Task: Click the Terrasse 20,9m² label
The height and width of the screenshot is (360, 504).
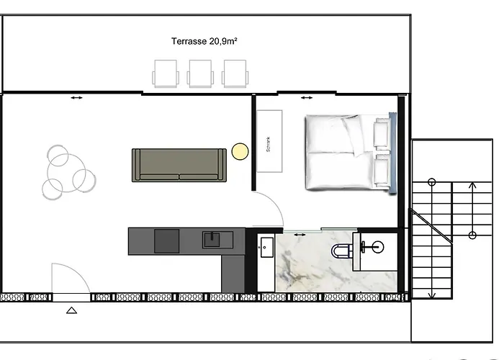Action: pos(204,41)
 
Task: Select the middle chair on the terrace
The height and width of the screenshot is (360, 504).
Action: pos(200,73)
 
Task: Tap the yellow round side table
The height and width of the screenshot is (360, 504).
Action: pos(240,151)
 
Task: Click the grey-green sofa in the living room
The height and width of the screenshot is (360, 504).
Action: pos(179,165)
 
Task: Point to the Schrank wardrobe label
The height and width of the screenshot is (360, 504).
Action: pos(269,144)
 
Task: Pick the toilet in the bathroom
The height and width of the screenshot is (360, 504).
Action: pos(342,251)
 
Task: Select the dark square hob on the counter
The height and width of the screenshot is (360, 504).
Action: pos(166,240)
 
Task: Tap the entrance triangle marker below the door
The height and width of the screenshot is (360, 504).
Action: pos(72,310)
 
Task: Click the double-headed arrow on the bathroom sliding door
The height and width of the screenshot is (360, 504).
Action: pos(300,235)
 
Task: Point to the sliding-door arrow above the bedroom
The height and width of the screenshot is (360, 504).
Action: pos(306,98)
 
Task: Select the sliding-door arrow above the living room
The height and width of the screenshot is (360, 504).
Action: pos(76,98)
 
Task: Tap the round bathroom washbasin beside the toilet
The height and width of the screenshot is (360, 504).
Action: pos(378,247)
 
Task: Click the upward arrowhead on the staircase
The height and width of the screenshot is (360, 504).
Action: pos(472,185)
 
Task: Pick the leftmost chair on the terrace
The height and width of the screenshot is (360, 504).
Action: pos(166,73)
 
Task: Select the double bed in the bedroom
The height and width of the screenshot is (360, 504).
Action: pos(351,153)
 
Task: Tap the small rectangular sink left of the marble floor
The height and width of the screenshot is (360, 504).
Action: pos(267,248)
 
